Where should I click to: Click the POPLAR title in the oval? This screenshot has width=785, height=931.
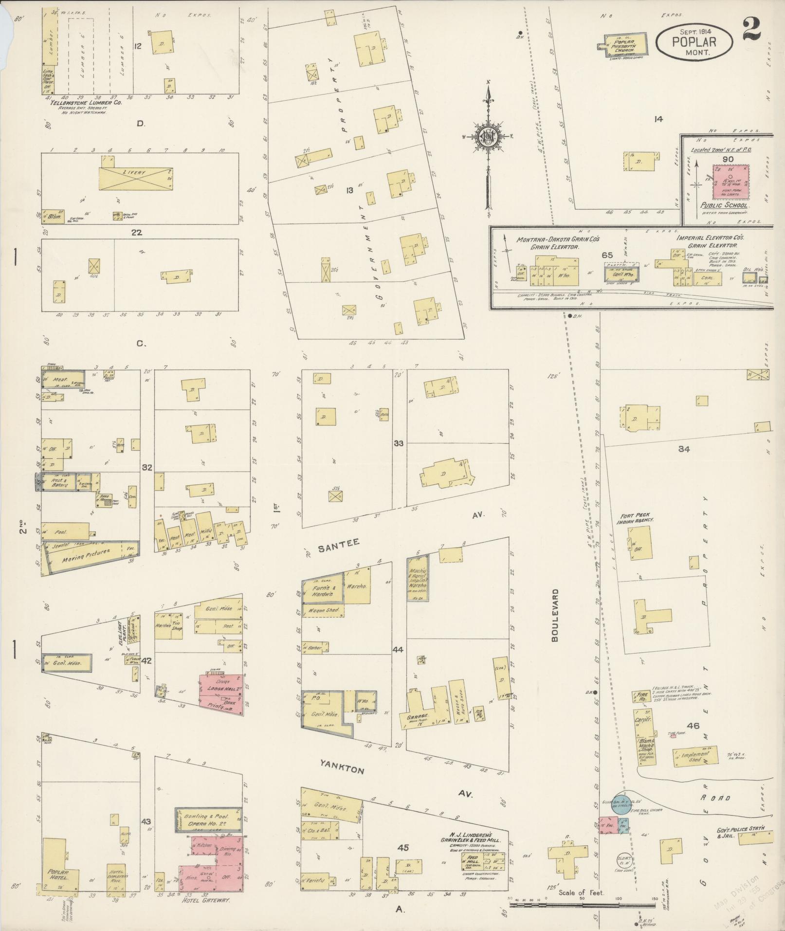694,41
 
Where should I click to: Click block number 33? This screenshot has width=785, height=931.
399,443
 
